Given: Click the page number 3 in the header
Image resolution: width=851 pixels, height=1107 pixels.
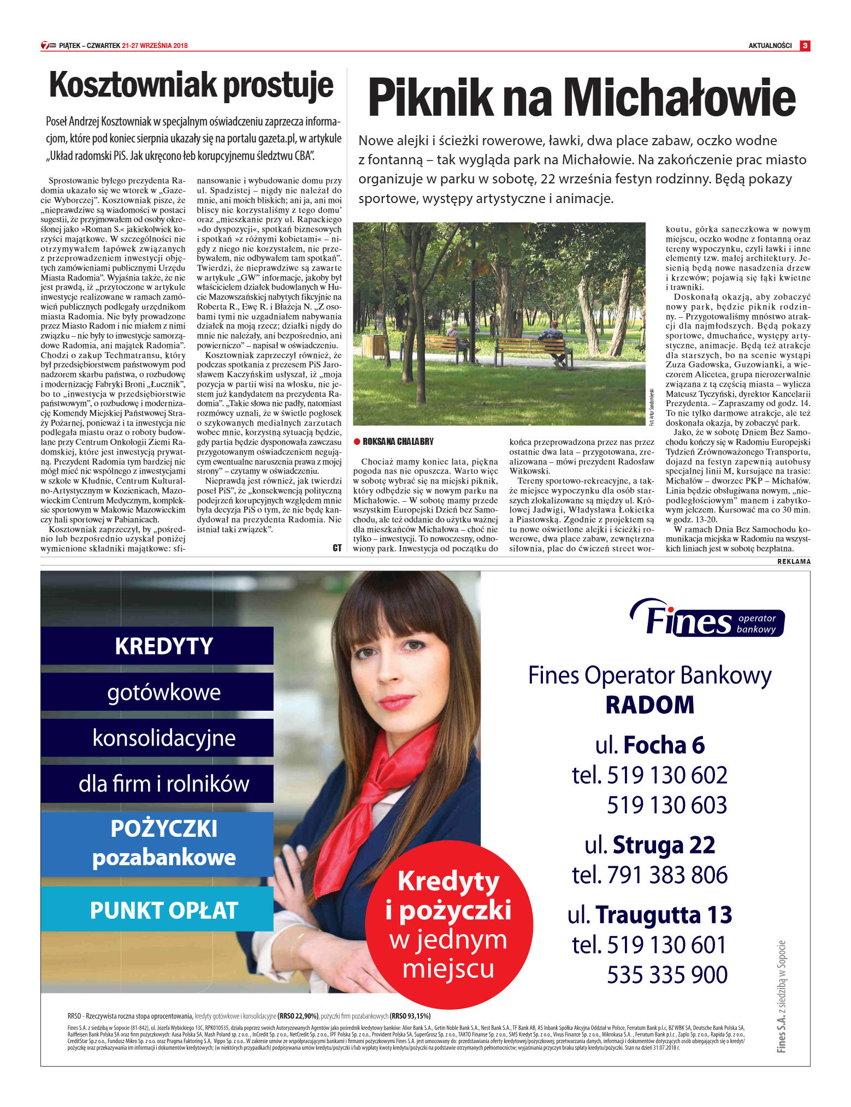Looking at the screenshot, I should pos(805,46).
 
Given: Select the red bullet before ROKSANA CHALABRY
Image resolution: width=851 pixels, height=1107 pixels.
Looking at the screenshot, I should pos(357,442).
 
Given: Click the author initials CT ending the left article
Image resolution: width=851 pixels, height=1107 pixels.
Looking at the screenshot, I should pos(337,547).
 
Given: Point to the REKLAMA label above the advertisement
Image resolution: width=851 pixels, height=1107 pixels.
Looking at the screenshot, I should pos(794,562).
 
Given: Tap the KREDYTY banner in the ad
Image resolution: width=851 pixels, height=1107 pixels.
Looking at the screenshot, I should pos(163,646).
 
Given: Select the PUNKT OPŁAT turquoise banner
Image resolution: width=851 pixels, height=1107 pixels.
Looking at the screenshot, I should pos(163,910).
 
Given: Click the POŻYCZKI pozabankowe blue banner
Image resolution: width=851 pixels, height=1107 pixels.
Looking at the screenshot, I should pos(163,843).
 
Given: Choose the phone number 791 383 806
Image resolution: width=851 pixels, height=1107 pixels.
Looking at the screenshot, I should pos(666,875).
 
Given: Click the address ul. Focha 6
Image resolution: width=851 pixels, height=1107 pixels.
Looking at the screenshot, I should pos(650,746).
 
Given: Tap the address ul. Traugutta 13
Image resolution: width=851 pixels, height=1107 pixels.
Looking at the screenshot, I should pos(650,915).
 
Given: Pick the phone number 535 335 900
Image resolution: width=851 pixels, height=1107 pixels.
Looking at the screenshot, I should pos(667,975).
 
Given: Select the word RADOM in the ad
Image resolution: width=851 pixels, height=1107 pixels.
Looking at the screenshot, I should pos(650,705).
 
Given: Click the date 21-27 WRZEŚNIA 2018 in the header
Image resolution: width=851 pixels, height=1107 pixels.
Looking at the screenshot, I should pos(155,46).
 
